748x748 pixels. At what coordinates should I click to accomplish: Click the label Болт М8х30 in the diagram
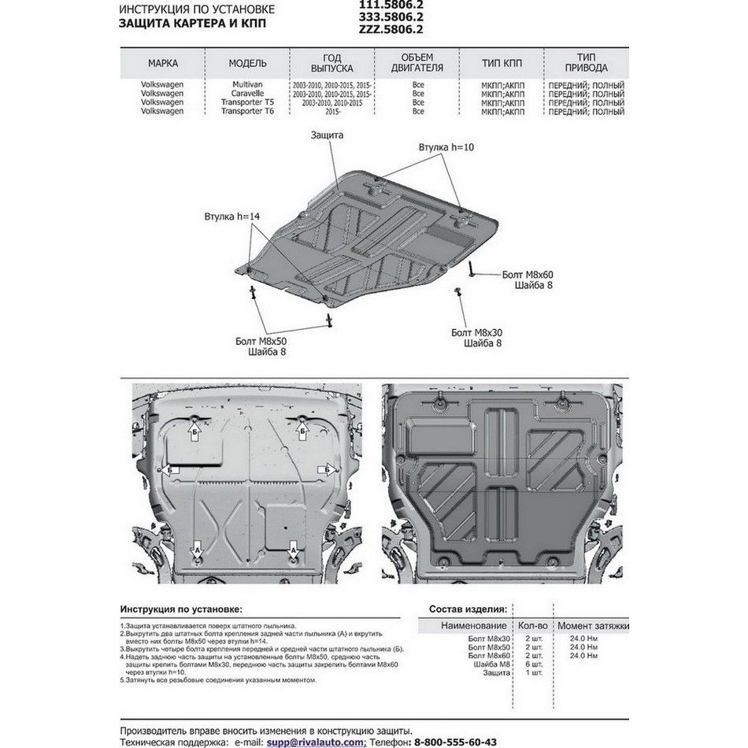tap(482, 333)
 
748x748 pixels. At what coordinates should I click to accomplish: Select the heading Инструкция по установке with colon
tap(182, 609)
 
